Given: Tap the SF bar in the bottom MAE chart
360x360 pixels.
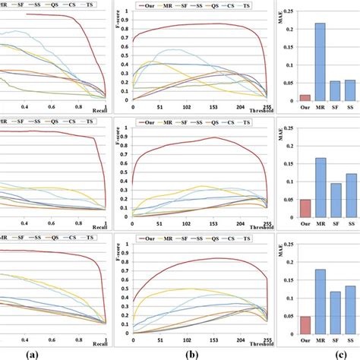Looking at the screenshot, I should [x=335, y=313].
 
